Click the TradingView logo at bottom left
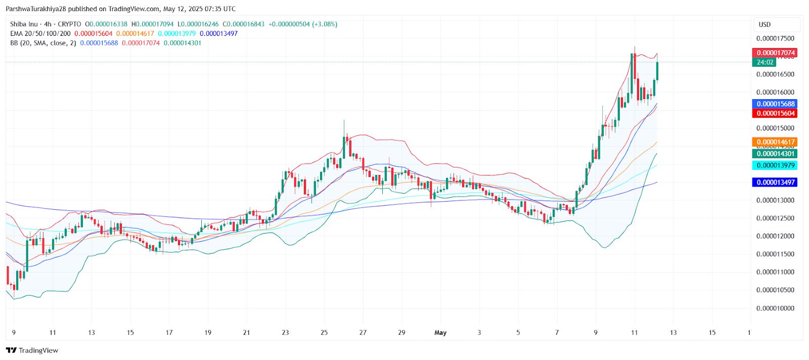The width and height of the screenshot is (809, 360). point(32,350)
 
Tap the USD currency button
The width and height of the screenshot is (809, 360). point(765,24)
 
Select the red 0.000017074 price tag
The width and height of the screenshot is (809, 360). point(775,53)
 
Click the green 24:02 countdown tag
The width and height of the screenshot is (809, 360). point(765,62)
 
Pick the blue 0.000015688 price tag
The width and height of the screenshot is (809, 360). point(775,104)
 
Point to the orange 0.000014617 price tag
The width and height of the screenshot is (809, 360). point(775,142)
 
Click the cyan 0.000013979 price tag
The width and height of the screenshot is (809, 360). point(775,165)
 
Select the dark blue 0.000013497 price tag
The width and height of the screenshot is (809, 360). point(775,182)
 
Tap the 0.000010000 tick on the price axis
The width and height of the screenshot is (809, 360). point(775,308)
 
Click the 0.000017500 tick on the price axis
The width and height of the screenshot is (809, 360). point(775,38)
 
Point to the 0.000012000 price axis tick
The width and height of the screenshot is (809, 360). point(775,236)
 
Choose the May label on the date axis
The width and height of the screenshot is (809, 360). point(440,332)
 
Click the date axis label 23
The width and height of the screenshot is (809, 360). point(285,332)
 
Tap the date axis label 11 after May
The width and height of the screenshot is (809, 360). point(634,332)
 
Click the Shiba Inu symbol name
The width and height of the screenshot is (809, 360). point(24,24)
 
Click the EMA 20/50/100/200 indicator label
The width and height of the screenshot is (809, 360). point(40,33)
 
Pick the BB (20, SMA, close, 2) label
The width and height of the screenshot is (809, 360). point(43,43)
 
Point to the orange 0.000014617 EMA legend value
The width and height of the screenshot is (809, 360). point(135,33)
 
